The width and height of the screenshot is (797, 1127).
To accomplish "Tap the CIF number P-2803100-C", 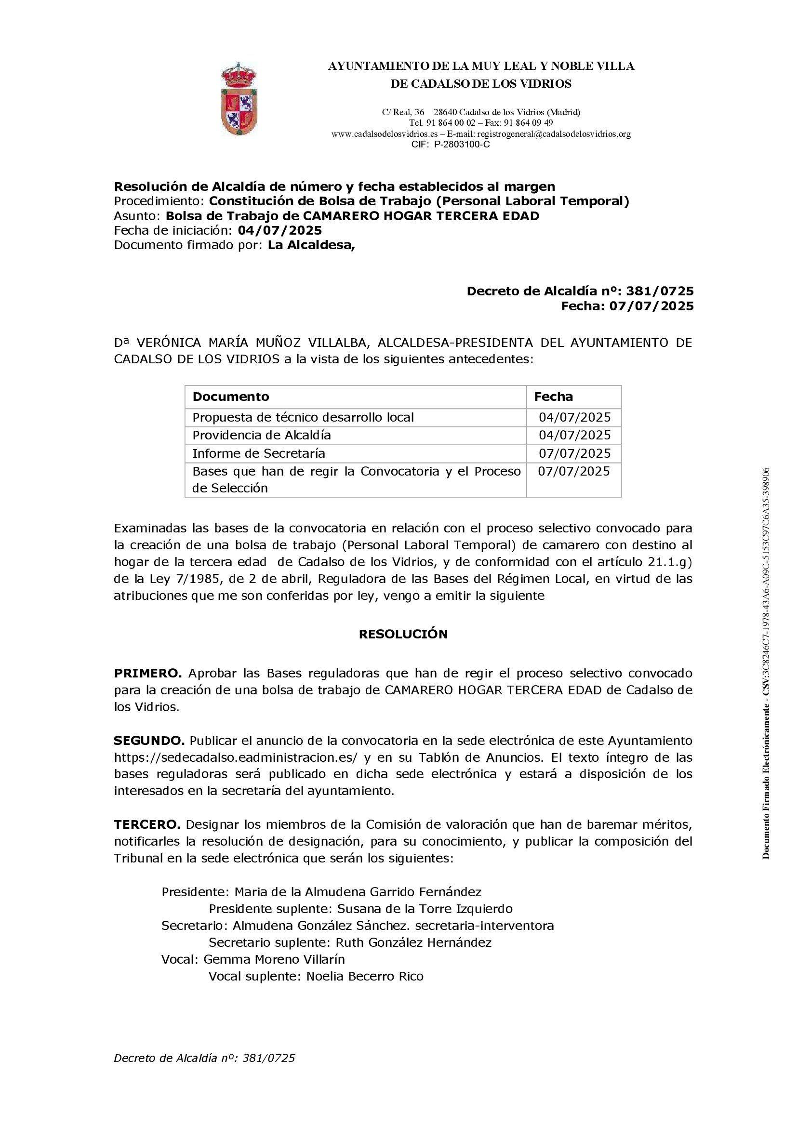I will pyautogui.click(x=462, y=145).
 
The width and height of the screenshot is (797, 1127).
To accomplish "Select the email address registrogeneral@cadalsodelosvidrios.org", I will pyautogui.click(x=554, y=133).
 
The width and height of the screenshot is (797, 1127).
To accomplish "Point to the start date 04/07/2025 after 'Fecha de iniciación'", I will pyautogui.click(x=280, y=230).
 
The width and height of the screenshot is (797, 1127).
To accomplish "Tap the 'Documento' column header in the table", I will pyautogui.click(x=231, y=397).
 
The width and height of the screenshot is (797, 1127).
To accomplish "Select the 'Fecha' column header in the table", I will pyautogui.click(x=554, y=397).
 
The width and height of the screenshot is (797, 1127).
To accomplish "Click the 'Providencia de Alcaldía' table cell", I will pyautogui.click(x=262, y=436).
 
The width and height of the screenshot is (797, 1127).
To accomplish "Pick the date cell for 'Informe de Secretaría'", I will pyautogui.click(x=575, y=453).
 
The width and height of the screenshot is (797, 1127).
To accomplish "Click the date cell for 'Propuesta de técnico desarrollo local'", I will pyautogui.click(x=575, y=418).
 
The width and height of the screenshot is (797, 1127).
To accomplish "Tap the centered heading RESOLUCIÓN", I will pyautogui.click(x=403, y=634).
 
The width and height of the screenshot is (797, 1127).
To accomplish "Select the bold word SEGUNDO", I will pyautogui.click(x=150, y=740).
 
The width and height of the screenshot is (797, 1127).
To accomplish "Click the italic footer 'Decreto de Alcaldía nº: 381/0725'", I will pyautogui.click(x=205, y=1058).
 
